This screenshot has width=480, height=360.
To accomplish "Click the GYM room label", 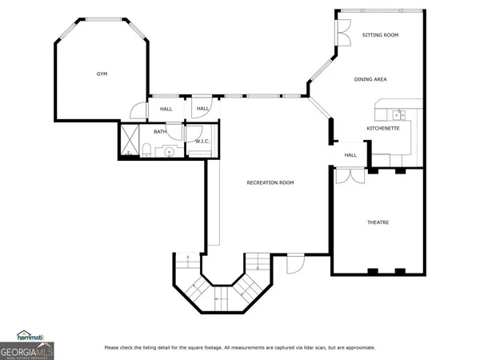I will click(x=102, y=74).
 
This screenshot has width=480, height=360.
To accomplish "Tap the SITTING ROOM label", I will click(x=380, y=35).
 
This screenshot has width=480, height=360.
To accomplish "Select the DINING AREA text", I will click(x=371, y=79).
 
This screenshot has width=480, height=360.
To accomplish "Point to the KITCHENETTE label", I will click(x=382, y=128).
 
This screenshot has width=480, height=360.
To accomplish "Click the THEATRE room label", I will click(x=378, y=222).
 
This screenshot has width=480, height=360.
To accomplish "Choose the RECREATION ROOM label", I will click(x=270, y=182).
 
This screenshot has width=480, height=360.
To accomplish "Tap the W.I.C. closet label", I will click(x=202, y=142).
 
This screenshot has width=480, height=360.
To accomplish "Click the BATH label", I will click(x=160, y=132).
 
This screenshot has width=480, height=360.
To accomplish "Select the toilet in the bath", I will click(x=149, y=149).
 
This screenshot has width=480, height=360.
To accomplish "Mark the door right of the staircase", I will click(x=295, y=262).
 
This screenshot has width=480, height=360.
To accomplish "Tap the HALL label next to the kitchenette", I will click(x=350, y=155).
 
